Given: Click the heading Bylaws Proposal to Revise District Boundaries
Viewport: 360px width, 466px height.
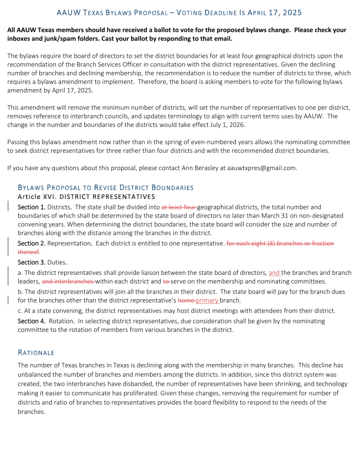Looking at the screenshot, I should [x=106, y=188].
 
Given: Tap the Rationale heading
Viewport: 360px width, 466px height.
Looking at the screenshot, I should [x=36, y=352].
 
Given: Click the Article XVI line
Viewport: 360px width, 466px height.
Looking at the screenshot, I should [x=86, y=197].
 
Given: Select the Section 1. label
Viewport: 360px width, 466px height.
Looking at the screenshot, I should [x=32, y=207].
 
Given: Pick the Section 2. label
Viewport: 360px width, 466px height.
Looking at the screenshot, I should [x=32, y=243].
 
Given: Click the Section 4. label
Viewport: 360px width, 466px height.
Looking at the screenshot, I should [x=32, y=321].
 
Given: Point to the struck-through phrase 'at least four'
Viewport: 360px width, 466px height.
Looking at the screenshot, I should [x=179, y=207].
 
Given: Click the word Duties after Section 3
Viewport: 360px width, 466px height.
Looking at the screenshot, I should [x=59, y=262].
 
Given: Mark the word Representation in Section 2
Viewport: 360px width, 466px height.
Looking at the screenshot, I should [x=71, y=243].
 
